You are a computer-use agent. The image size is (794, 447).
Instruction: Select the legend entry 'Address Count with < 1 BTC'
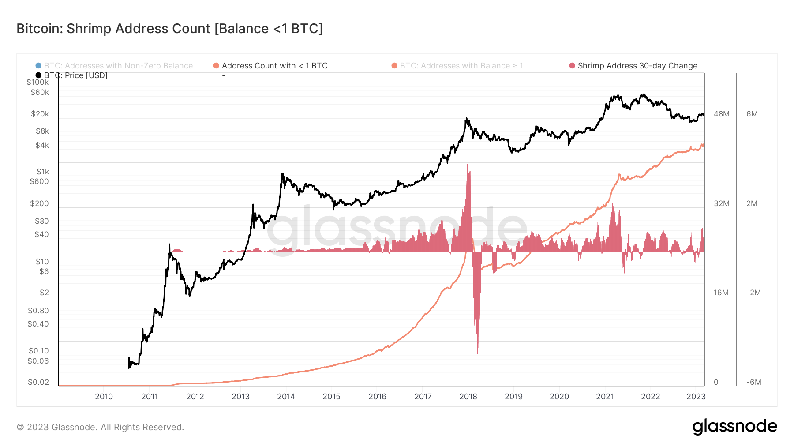pyautogui.click(x=274, y=66)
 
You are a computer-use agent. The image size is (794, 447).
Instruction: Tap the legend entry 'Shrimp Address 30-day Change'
pyautogui.click(x=637, y=66)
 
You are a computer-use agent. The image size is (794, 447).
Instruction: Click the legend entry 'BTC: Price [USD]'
pyautogui.click(x=75, y=75)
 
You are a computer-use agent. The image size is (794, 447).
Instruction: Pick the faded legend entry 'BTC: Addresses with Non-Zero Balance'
pyautogui.click(x=118, y=66)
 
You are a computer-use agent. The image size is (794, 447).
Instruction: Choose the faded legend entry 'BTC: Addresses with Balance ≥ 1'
pyautogui.click(x=461, y=66)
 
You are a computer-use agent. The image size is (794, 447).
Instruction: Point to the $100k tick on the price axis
pyautogui.click(x=37, y=82)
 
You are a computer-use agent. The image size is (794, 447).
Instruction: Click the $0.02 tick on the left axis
pyautogui.click(x=38, y=382)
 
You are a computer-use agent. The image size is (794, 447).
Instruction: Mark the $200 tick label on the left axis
pyautogui.click(x=39, y=203)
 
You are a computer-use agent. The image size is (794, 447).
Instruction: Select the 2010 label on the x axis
pyautogui.click(x=104, y=396)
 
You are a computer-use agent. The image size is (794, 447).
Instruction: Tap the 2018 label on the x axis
pyautogui.click(x=468, y=396)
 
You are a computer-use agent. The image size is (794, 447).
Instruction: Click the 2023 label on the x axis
pyautogui.click(x=696, y=396)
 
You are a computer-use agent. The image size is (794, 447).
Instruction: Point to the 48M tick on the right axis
pyautogui.click(x=721, y=114)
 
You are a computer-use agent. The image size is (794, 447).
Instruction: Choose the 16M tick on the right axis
pyautogui.click(x=721, y=293)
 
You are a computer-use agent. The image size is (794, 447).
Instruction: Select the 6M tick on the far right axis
pyautogui.click(x=752, y=114)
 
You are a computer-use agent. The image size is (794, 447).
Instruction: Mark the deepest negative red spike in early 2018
pyautogui.click(x=477, y=352)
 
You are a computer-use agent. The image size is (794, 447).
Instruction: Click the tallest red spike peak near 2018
pyautogui.click(x=468, y=166)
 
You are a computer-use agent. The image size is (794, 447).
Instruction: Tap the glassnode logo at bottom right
pyautogui.click(x=734, y=427)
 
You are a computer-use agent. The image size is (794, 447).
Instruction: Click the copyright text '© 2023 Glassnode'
pyautogui.click(x=100, y=427)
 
